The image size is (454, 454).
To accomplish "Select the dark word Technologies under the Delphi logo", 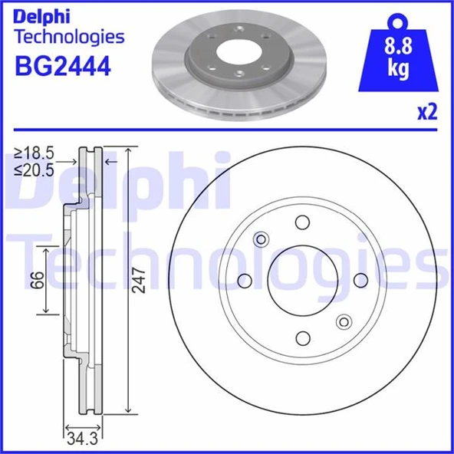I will pyautogui.click(x=69, y=36).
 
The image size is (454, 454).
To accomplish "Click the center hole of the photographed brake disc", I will pyautogui.click(x=239, y=53).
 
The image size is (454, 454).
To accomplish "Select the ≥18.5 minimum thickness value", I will pyautogui.click(x=35, y=155).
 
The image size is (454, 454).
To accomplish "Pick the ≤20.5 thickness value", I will pyautogui.click(x=35, y=171).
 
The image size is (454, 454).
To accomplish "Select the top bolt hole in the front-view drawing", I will pyautogui.click(x=302, y=222).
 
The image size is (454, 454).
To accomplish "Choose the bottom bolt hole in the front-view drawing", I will pyautogui.click(x=302, y=337).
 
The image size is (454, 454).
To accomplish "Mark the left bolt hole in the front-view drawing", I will pyautogui.click(x=245, y=280).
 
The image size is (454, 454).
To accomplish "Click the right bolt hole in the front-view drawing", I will pyautogui.click(x=360, y=280).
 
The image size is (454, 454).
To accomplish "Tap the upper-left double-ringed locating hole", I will pyautogui.click(x=261, y=239).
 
